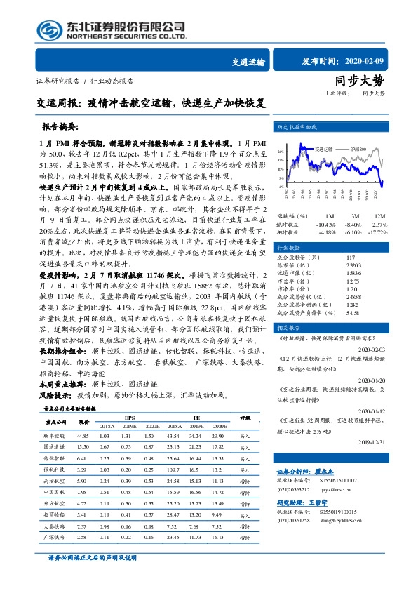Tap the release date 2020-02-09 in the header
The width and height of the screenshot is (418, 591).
click(x=379, y=61)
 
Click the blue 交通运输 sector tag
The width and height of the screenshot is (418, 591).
click(x=248, y=62)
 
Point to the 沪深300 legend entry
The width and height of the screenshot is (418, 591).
click(x=359, y=150)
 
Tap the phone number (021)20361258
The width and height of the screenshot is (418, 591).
click(x=292, y=520)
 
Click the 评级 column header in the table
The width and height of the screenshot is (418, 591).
click(x=245, y=416)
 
